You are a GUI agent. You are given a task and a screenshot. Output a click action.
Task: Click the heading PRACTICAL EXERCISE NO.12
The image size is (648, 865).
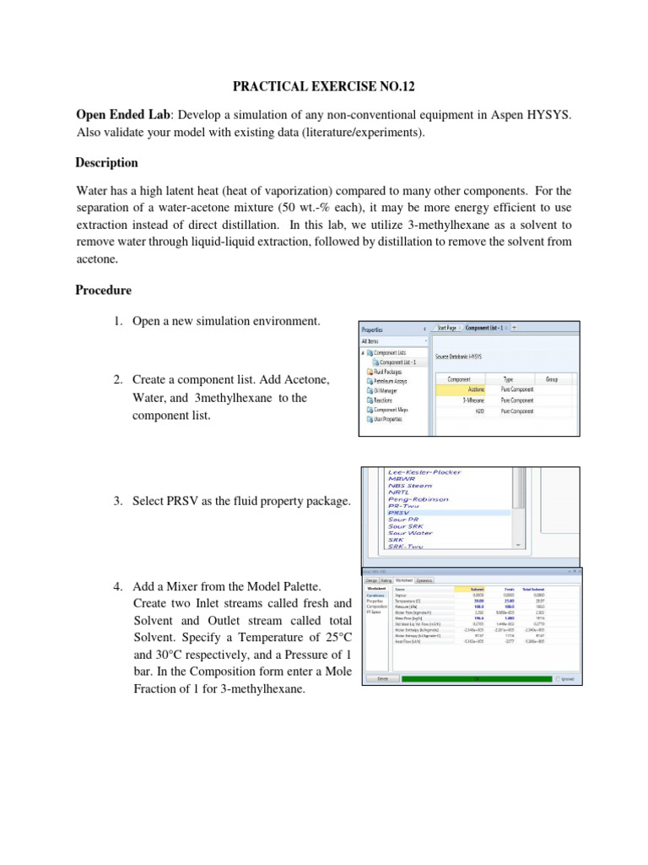click(323, 86)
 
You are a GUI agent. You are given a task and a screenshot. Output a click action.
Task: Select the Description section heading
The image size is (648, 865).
click(107, 162)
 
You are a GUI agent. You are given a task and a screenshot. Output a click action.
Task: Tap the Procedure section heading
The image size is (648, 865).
click(104, 290)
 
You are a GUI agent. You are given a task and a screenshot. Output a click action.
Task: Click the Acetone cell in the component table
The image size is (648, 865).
click(459, 390)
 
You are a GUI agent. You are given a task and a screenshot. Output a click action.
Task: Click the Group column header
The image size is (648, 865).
click(553, 380)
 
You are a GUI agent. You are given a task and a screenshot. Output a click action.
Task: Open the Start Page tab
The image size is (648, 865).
click(446, 327)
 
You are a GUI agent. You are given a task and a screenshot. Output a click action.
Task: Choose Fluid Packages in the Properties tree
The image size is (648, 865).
click(388, 371)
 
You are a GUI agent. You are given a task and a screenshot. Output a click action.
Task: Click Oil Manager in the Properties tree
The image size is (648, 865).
click(385, 390)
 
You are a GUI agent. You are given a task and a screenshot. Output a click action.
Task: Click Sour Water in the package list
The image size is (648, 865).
click(410, 532)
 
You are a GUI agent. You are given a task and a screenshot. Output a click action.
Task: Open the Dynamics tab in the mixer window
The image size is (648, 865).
click(424, 579)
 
